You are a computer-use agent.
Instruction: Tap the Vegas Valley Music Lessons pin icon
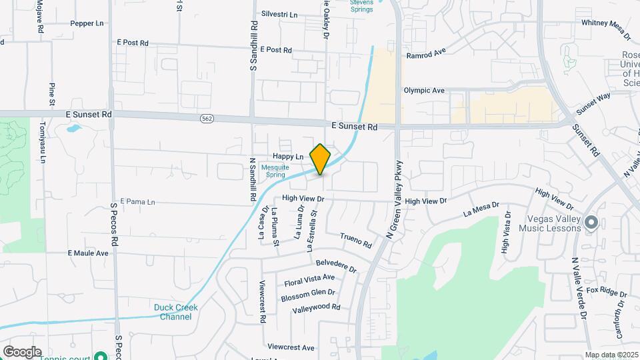[591, 222]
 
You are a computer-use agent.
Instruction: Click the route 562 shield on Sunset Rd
[205, 117]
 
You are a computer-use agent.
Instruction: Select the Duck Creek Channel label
[176, 312]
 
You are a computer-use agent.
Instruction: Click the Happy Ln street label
[288, 156]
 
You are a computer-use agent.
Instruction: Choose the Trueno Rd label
[355, 240]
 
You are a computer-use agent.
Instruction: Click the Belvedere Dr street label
[337, 266]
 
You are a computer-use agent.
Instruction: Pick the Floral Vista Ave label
[309, 280]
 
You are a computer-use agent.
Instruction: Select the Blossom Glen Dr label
[308, 295]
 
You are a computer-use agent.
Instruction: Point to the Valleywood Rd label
[316, 307]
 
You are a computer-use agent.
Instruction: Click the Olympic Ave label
[424, 90]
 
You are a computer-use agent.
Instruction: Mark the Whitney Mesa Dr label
[605, 23]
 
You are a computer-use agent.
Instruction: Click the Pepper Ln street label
[87, 23]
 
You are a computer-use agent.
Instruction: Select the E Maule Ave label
[88, 253]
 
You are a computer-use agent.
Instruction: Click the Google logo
[22, 351]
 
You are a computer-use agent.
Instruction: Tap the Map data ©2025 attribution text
[611, 355]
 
